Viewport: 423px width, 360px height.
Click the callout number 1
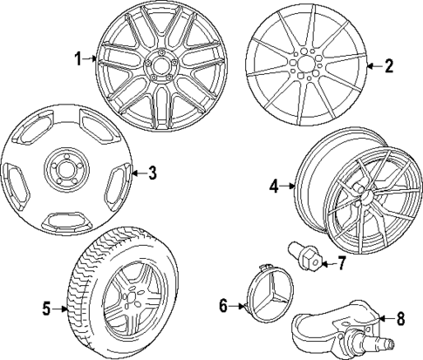pyautogui.click(x=78, y=59)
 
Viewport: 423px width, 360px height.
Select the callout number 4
pyautogui.click(x=273, y=186)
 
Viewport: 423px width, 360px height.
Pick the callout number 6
pyautogui.click(x=222, y=305)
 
